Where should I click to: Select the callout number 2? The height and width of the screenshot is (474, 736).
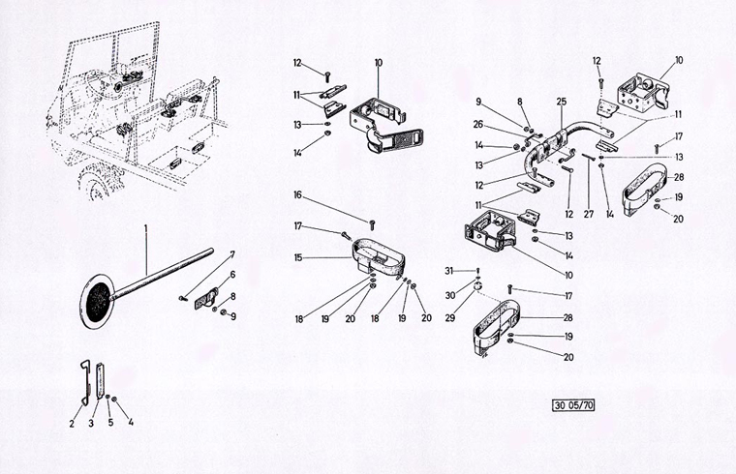click(x=71, y=422)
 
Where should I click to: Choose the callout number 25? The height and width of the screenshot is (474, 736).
click(x=561, y=101)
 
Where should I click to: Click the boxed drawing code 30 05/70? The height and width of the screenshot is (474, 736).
click(x=573, y=404)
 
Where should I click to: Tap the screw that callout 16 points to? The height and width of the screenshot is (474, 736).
click(x=372, y=228)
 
